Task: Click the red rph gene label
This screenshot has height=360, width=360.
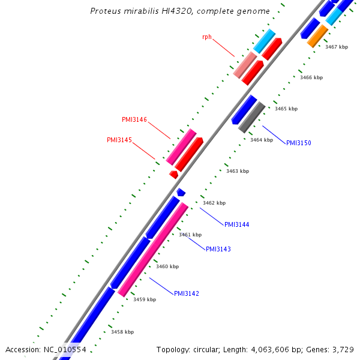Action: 207,37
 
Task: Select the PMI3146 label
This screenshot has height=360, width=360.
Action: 134,120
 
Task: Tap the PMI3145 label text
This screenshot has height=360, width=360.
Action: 119,140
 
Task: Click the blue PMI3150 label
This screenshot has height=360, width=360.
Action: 298,143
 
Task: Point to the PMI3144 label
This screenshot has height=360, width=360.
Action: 236,224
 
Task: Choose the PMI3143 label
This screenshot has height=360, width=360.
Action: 218,249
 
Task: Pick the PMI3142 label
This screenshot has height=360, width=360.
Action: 187,293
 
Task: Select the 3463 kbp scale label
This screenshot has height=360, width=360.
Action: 238,171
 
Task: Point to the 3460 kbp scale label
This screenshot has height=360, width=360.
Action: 167,266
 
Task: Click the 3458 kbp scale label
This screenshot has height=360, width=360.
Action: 122,332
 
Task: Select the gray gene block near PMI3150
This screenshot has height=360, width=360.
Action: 252,117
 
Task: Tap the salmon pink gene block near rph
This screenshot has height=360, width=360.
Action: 245,64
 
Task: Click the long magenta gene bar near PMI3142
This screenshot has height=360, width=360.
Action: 153,249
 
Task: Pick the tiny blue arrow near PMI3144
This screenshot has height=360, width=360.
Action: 181,192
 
